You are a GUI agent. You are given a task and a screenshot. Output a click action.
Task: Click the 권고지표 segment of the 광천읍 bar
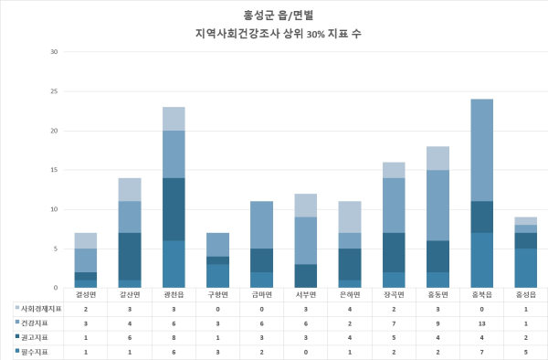tap(174, 209)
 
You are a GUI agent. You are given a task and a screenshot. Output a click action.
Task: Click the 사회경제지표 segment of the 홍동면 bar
tap(437, 157)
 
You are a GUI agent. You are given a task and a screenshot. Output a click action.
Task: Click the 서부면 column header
tap(305, 295)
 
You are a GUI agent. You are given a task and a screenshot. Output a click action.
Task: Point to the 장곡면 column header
tap(393, 295)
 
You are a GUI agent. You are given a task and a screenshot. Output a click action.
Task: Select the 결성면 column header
tap(86, 295)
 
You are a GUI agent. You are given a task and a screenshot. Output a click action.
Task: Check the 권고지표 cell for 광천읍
tap(174, 337)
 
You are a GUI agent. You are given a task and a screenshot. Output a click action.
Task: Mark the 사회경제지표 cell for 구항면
tap(217, 310)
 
